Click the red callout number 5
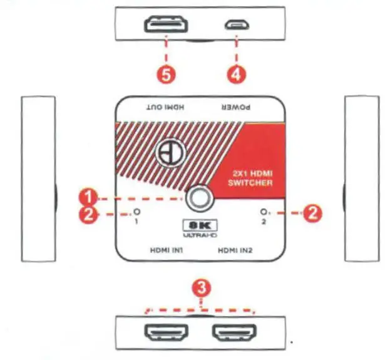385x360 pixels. [166, 75]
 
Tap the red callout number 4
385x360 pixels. [236, 74]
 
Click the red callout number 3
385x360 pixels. [201, 288]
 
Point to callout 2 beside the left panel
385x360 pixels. [90, 214]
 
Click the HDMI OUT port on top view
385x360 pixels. [166, 26]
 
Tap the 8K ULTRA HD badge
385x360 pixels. [200, 229]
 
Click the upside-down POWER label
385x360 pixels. [236, 107]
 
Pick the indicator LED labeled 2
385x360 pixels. [264, 212]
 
